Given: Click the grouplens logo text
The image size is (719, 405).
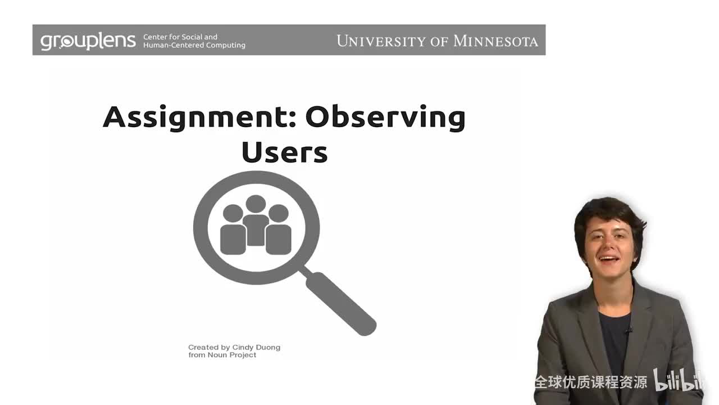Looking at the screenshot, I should click(x=88, y=40).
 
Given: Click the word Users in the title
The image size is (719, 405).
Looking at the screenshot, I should click(x=284, y=152).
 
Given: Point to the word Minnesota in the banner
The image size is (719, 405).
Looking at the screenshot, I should click(x=495, y=41).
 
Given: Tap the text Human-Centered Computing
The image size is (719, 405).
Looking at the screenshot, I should click(x=194, y=45).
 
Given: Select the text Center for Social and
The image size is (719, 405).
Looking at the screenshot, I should click(x=180, y=37).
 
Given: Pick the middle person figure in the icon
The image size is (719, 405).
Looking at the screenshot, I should click(x=256, y=220).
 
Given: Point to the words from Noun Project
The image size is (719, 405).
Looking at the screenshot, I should click(x=222, y=355).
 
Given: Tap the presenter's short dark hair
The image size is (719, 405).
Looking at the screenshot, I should click(x=604, y=211).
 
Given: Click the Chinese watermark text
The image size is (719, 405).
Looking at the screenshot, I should click(x=590, y=382).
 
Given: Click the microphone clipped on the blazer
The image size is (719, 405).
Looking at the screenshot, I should click(x=629, y=329).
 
